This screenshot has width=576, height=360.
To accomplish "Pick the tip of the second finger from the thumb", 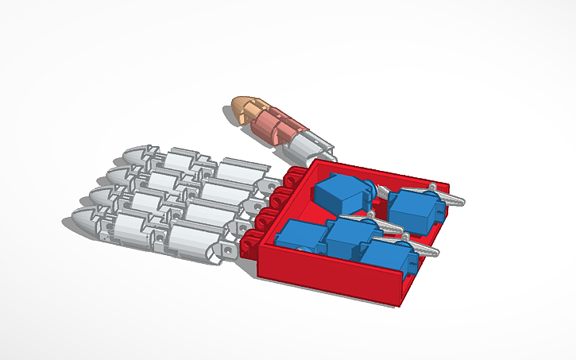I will [x=120, y=173].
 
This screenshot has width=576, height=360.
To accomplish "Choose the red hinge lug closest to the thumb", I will [x=296, y=176].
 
